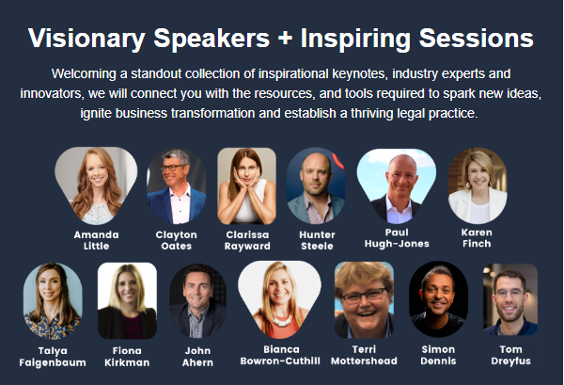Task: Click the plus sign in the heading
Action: point(285,39)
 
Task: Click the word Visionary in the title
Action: point(86,39)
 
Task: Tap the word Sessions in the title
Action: point(477,38)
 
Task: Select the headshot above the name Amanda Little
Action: point(96,185)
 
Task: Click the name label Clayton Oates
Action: point(177,240)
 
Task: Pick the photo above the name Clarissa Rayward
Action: point(246,185)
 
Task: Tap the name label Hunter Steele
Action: point(317,240)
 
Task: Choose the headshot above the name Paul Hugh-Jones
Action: point(397,185)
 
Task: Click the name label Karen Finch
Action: point(477,238)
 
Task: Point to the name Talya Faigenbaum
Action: point(53,357)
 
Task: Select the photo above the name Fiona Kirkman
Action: point(127,300)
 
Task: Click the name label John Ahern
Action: point(197,357)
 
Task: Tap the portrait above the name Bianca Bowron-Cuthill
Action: point(279,299)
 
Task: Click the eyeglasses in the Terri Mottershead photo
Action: point(365,295)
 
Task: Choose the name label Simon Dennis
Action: point(438,355)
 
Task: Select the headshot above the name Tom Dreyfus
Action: point(510,299)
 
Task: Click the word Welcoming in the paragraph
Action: point(84,73)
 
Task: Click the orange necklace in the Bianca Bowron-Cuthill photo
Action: point(282,320)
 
